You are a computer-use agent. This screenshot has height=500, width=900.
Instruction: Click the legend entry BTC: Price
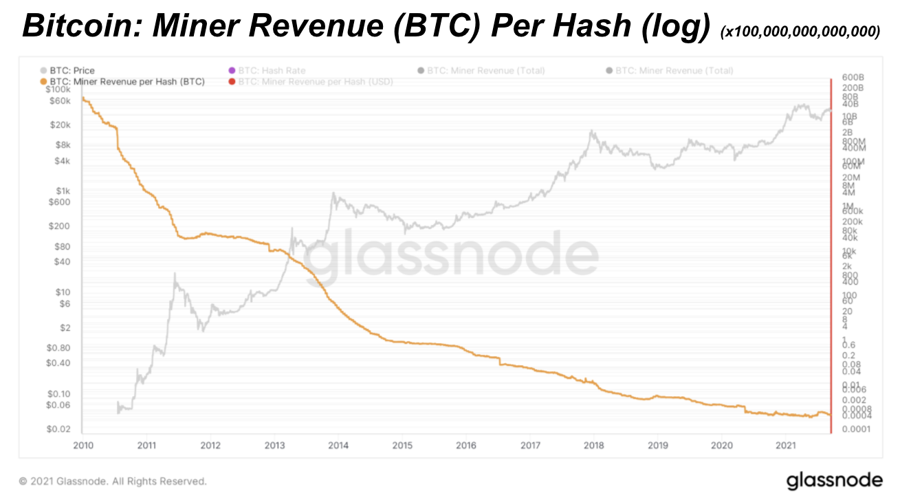tap(72, 70)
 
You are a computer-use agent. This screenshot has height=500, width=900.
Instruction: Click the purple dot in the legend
tap(232, 70)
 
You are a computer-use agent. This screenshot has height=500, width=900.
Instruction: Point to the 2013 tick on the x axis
tap(274, 445)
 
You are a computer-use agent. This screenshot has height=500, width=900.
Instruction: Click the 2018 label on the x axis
tap(594, 445)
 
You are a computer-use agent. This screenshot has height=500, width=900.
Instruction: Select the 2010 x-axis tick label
tap(83, 445)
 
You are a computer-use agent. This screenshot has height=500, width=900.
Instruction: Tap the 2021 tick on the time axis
tap(786, 445)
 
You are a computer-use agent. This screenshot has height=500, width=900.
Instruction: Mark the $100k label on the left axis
tap(57, 89)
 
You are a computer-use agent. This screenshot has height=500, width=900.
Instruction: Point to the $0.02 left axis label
tap(59, 428)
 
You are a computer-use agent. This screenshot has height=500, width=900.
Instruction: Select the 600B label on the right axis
tap(852, 77)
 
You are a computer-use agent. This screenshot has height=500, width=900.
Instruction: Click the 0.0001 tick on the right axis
tap(856, 428)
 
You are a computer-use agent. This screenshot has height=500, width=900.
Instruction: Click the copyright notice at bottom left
tap(113, 481)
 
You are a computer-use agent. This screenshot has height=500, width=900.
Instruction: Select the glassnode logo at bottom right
tap(834, 479)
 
